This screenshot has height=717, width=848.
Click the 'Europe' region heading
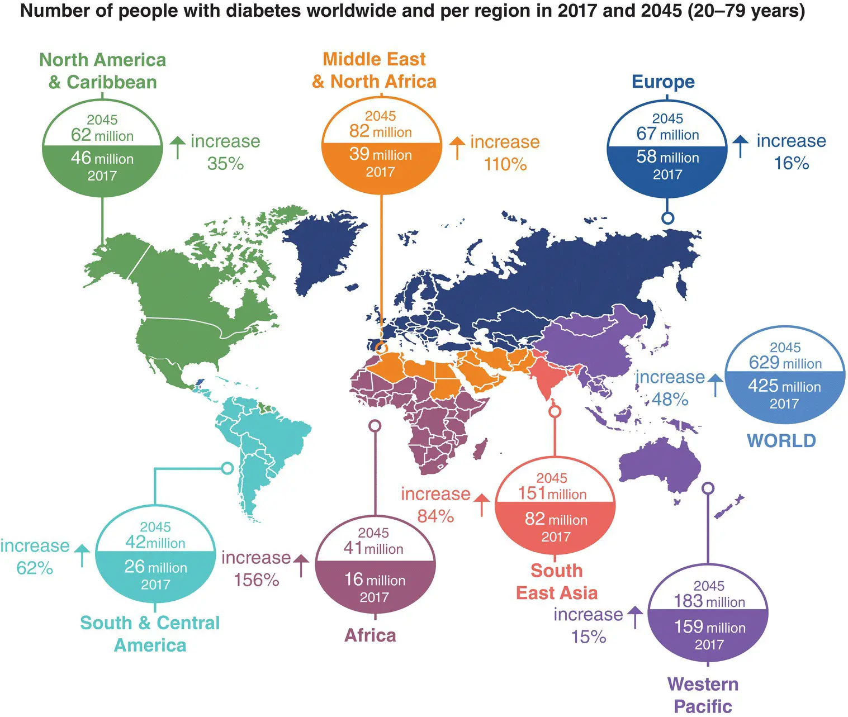coord(663,82)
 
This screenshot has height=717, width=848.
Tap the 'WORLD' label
coord(781,440)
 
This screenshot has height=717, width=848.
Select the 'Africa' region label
coord(370,635)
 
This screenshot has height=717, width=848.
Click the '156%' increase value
coord(256,580)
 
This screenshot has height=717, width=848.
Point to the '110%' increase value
coord(505,164)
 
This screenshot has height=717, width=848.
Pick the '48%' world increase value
coord(670,399)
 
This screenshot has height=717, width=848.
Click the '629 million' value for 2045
coord(785,363)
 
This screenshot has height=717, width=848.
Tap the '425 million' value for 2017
coord(784,386)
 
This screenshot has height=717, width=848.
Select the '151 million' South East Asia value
coord(552,493)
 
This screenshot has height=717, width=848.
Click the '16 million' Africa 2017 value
coord(375,580)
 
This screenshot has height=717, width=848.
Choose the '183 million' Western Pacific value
coord(709,601)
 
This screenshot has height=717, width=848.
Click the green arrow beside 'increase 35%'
coord(177,147)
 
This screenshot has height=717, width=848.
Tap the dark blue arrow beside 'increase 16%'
coord(740,146)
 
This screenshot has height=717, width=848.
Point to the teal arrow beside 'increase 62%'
coord(82,554)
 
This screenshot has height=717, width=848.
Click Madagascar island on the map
coord(480,449)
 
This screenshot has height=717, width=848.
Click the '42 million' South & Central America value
coord(155,543)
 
